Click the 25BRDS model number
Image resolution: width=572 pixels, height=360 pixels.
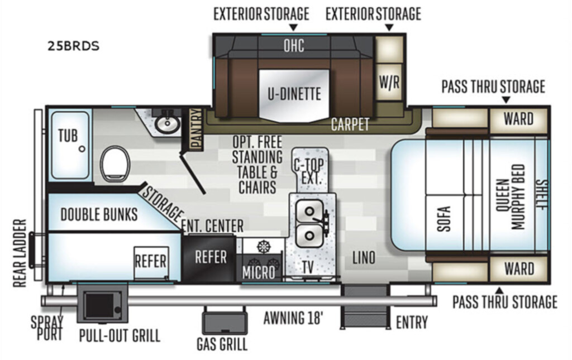(73, 46)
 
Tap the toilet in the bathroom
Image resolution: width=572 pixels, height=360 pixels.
(115, 164)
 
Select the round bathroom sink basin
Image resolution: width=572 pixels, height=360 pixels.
(168, 124)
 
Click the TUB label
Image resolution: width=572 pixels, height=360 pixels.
(68, 136)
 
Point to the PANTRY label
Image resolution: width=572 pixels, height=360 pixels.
(196, 129)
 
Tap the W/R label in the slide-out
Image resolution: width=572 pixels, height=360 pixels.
(389, 83)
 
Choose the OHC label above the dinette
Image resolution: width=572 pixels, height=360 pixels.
(294, 46)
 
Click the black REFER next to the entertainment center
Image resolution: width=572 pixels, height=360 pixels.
(211, 257)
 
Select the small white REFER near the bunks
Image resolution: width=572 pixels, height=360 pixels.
(151, 262)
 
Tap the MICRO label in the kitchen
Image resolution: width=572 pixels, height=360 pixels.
(259, 272)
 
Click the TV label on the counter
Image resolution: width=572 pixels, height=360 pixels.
(308, 267)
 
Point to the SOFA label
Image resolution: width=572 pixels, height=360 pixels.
(444, 219)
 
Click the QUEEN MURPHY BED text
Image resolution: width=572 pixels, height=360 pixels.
(511, 197)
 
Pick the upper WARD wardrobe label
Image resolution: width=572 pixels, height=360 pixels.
(518, 119)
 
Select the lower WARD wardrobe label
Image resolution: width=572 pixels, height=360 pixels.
(519, 269)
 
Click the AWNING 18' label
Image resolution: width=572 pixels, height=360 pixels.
(293, 318)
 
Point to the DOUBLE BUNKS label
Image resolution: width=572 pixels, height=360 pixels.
(99, 214)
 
